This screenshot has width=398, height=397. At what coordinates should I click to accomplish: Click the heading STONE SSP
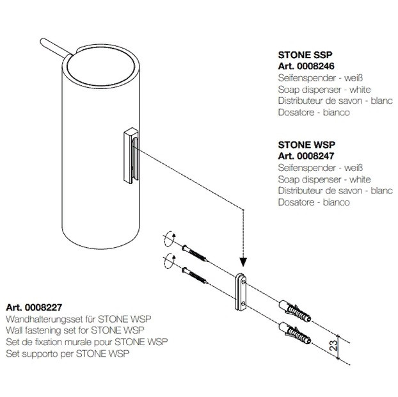305,55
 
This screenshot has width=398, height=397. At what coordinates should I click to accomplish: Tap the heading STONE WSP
306,145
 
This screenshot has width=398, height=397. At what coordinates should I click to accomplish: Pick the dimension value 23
333,345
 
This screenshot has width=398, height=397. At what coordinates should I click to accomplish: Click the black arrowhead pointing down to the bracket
243,262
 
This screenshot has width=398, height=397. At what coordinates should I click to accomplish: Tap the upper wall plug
295,311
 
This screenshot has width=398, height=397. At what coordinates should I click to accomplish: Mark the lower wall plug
295,333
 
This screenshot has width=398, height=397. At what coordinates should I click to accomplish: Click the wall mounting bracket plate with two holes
240,292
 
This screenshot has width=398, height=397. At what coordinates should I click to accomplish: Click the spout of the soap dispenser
56,47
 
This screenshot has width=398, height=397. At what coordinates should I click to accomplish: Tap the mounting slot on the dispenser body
131,156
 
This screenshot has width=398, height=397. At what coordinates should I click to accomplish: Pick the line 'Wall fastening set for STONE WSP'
75,330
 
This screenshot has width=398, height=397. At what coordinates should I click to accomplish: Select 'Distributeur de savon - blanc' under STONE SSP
335,101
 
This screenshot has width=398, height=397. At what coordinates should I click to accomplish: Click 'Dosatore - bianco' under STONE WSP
314,202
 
